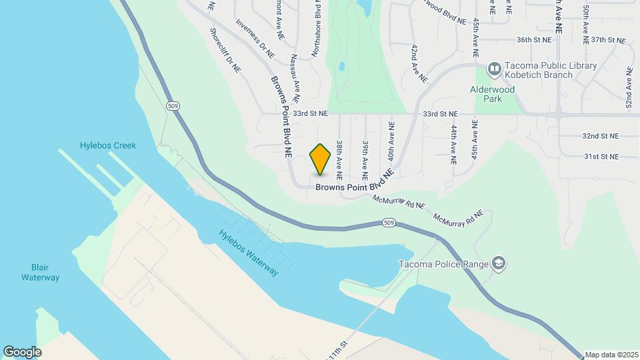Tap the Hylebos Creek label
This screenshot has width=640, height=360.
[108, 145]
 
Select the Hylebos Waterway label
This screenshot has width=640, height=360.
[248, 253]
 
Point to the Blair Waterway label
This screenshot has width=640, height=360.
[40, 272]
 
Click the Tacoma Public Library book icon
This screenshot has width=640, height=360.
[494, 69]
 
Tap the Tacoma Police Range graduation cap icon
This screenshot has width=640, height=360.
[498, 263]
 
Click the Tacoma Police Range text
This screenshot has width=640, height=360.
[443, 263]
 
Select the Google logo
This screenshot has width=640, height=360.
[22, 351]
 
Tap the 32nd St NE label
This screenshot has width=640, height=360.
[600, 136]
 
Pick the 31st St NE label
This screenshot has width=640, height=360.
[601, 157]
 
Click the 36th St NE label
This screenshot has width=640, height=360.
[535, 40]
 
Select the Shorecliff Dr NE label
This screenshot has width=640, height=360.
[225, 50]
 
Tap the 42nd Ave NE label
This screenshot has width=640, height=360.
[419, 63]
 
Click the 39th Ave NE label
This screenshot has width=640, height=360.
[365, 160]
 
